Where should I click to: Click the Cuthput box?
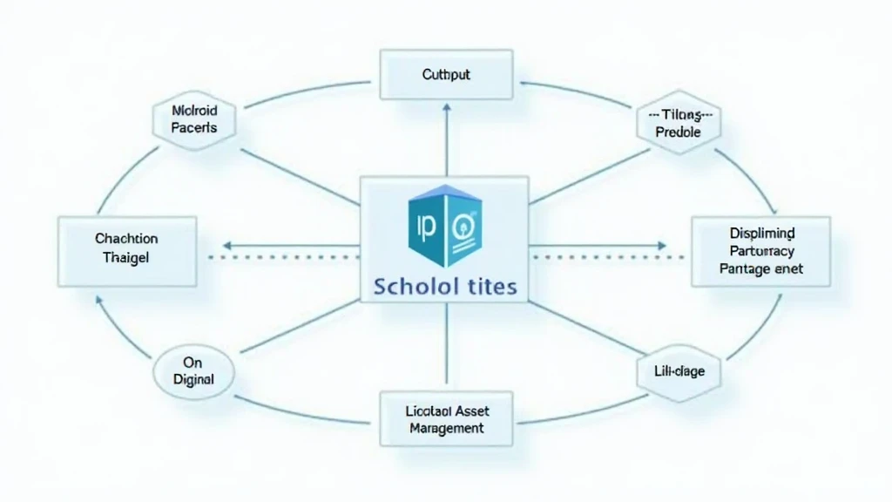445,75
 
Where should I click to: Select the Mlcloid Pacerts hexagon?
193,119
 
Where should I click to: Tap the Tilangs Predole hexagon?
679,124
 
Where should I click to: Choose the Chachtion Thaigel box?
126,250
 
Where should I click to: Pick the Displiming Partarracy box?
760,251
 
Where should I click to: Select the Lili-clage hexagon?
680,372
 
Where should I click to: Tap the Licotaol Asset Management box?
445,418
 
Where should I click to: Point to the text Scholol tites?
446,286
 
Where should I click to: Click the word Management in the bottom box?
445,428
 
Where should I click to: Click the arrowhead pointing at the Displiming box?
662,246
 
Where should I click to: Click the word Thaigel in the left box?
126,258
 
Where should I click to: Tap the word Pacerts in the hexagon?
194,128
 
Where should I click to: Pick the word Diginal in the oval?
193,380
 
